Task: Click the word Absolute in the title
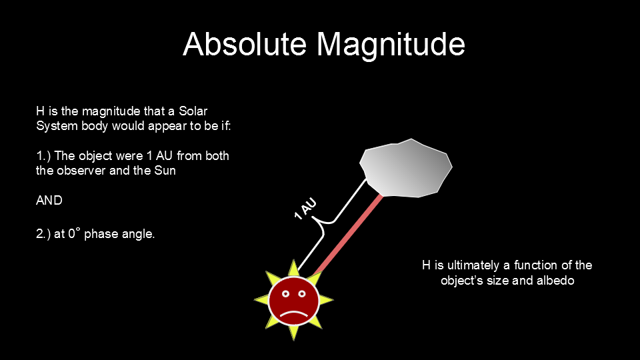245,44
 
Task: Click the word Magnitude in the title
391,46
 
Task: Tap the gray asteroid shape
406,168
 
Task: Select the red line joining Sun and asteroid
348,235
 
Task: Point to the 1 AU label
305,209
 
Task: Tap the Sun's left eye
286,294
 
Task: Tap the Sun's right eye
301,294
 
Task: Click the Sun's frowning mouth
293,315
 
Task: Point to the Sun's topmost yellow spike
293,268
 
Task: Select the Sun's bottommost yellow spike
293,332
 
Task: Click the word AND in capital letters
49,201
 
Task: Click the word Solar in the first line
193,111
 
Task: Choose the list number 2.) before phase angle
43,234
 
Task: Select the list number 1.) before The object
43,156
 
